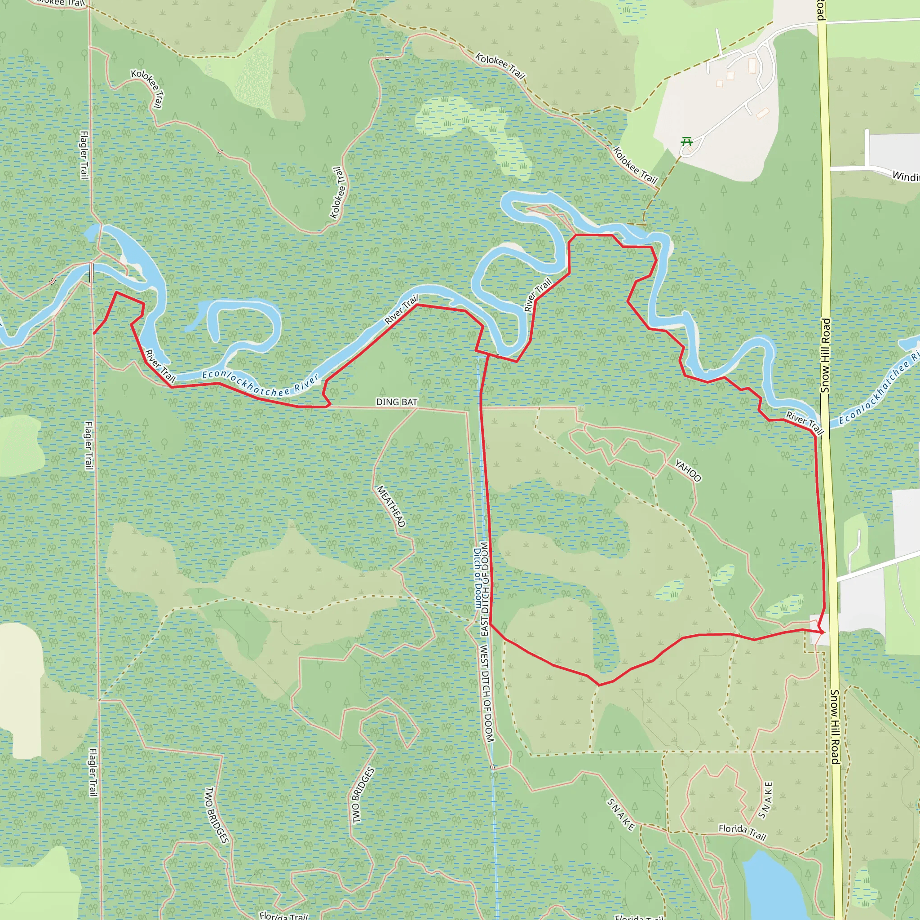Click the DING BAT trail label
point(396,402)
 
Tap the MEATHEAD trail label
point(391,506)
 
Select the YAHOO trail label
point(688,470)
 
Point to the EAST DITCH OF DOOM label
point(485,588)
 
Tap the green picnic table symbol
point(686,141)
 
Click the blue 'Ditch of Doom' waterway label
point(477,578)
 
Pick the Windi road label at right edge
point(905,176)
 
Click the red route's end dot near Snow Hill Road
point(821,632)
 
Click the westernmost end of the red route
point(94,333)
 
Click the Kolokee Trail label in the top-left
point(146,88)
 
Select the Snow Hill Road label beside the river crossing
point(825,355)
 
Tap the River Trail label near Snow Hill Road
point(804,422)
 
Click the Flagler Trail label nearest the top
point(84,155)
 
